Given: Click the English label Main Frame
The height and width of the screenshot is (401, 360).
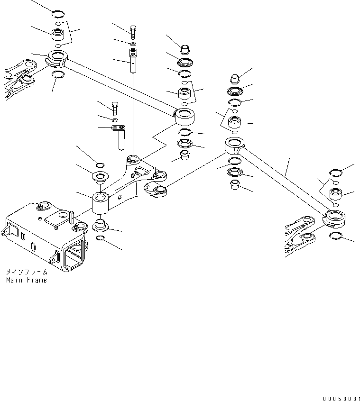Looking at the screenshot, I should tap(27, 280).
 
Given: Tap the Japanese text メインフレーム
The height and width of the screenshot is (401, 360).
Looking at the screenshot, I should tap(27, 273).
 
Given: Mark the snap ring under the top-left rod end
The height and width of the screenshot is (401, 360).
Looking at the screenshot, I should tap(58, 73).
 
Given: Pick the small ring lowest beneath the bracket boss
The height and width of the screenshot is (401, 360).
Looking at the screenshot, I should tap(101, 237).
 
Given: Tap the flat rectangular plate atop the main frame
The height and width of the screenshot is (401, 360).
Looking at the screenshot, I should tap(59, 219).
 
